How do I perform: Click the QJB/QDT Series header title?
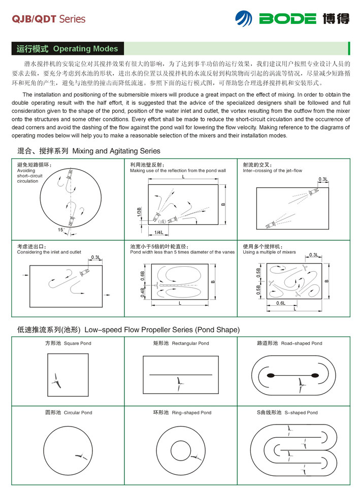(48, 19)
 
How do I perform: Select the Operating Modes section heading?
(67, 49)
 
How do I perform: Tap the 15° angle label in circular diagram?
(61, 230)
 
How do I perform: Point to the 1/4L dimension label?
(158, 232)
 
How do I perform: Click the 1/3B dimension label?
(139, 213)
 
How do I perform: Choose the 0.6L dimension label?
(280, 303)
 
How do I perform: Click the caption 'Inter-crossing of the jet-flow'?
(272, 171)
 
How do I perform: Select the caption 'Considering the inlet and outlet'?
(49, 252)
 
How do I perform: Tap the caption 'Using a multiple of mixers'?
(269, 252)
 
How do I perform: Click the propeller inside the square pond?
(56, 379)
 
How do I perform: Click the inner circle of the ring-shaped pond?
(180, 449)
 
